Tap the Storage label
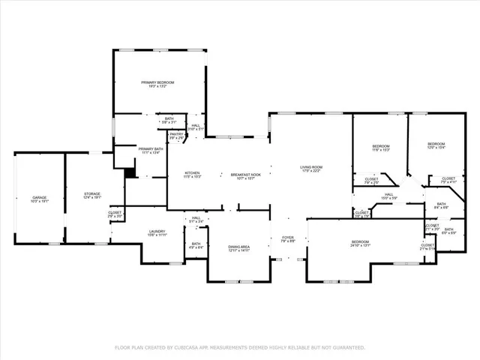click(92, 194)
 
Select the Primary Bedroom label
click(158, 82)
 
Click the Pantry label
click(176, 136)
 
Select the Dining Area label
click(238, 247)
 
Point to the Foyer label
click(287, 238)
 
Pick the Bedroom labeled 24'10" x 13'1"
click(360, 241)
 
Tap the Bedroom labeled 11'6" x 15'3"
click(381, 145)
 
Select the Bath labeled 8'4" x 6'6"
click(441, 204)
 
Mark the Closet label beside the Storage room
click(115, 213)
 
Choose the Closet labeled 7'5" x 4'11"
click(437, 179)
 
